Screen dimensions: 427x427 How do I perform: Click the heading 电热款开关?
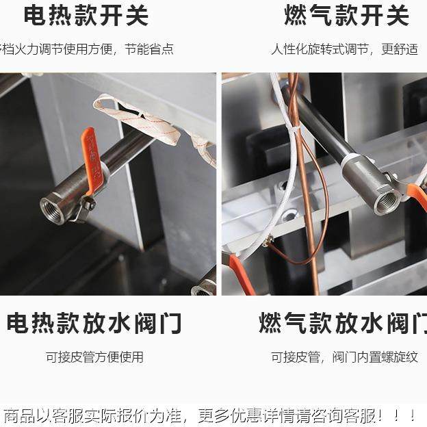click(86, 16)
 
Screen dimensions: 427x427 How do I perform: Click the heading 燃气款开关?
click(346, 16)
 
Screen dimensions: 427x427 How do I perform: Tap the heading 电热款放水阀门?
click(94, 322)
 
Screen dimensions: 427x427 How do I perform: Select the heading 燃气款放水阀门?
click(342, 322)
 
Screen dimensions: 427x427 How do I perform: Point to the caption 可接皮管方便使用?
click(94, 357)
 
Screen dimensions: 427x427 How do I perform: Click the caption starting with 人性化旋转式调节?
click(344, 49)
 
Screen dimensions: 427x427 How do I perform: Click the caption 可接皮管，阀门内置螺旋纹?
click(344, 357)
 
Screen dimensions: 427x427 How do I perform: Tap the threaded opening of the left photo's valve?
click(53, 210)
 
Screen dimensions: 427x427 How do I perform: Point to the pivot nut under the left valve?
click(88, 203)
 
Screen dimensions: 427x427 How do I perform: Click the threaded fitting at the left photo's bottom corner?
click(205, 286)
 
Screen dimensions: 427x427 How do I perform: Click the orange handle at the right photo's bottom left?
click(242, 274)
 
